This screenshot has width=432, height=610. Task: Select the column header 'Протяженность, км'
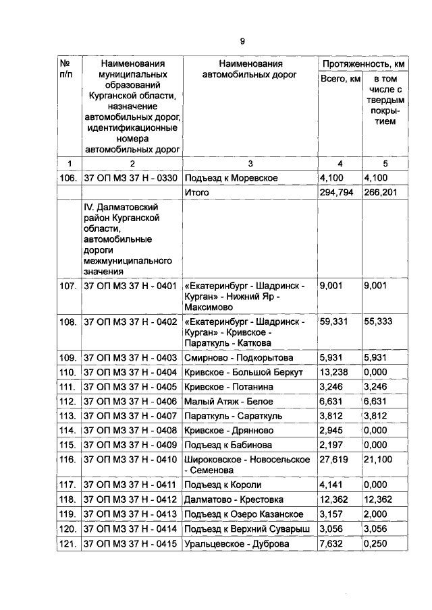pos(363,63)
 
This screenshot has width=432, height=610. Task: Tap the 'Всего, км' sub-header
pos(340,80)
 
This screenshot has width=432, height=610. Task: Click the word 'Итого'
pos(196,192)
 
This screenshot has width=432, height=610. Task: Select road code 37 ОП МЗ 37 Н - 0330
pos(130,178)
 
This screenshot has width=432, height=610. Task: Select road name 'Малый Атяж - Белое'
pos(226,401)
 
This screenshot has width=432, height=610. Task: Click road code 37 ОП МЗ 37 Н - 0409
pos(130,445)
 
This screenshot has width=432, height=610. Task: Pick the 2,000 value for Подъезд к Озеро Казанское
pos(376,514)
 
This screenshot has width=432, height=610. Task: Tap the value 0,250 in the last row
pos(376,543)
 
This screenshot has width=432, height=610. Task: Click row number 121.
pos(68,543)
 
